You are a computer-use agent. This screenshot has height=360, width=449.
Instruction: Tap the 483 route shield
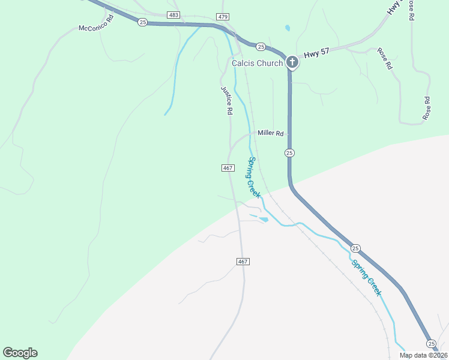(173, 15)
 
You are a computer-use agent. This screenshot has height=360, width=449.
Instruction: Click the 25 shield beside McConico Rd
(142, 22)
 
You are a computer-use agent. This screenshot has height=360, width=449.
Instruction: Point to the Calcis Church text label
(257, 63)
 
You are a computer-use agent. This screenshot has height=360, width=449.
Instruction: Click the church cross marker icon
(292, 62)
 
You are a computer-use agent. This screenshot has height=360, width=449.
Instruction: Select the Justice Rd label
(226, 100)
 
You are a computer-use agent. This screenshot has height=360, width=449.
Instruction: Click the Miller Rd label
(270, 133)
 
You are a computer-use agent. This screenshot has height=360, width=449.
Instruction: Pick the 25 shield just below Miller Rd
(289, 153)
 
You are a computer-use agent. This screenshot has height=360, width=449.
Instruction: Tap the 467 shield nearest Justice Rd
(228, 168)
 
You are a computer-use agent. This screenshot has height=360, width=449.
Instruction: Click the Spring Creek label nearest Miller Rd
(255, 178)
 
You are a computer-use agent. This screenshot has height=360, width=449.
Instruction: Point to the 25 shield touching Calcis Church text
(261, 46)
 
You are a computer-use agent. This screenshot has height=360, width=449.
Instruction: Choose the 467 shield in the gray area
(243, 262)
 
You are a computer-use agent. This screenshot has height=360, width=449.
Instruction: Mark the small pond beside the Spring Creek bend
(264, 220)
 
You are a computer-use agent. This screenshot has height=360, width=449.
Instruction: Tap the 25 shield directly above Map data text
(431, 343)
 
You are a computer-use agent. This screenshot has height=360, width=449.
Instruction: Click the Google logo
(20, 353)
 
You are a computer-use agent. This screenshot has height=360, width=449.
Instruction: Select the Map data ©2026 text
(423, 355)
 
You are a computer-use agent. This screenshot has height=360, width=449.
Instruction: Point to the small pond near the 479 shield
(288, 28)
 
